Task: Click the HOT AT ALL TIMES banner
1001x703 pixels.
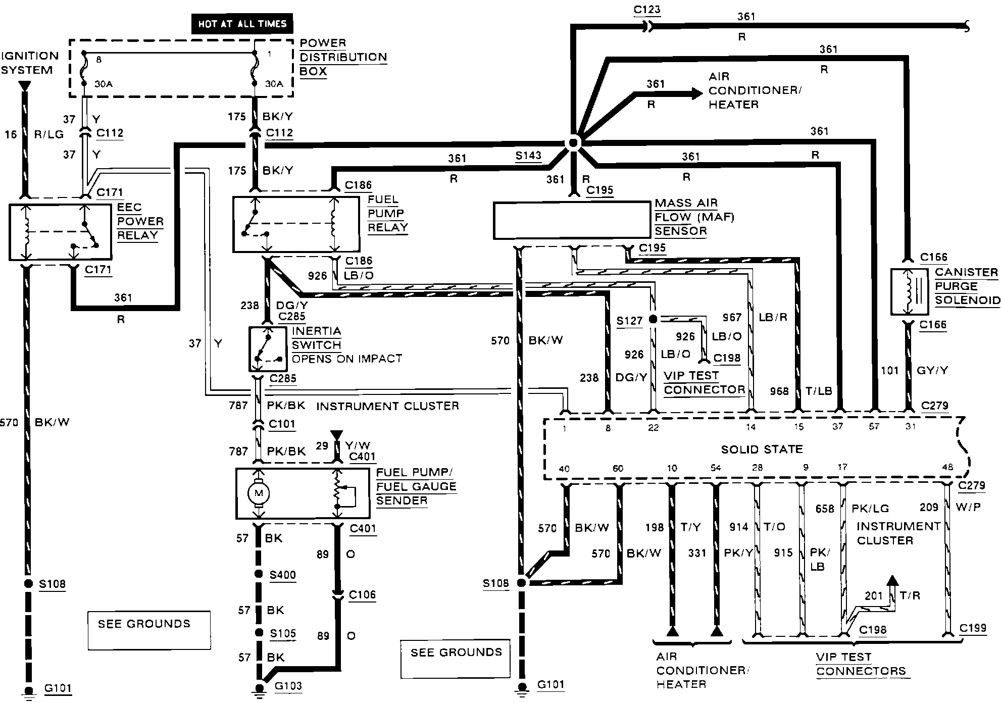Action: (x=242, y=24)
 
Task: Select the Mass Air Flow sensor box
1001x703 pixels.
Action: (x=572, y=220)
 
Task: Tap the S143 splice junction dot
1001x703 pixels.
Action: (x=573, y=143)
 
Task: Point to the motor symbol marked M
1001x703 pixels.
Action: (x=259, y=493)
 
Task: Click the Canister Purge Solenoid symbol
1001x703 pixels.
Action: (x=909, y=292)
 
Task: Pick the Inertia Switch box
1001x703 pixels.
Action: (x=268, y=349)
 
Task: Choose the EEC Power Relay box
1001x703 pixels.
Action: (x=60, y=232)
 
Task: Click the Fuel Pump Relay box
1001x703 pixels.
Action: (x=296, y=224)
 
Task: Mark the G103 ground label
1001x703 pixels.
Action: (x=288, y=686)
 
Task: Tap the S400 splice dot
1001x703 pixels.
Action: (x=259, y=574)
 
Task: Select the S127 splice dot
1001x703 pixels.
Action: (x=653, y=319)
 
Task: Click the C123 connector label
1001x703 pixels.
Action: (x=646, y=10)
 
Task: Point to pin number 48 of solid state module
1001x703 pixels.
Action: (x=947, y=467)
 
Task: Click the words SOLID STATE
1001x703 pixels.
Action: (x=762, y=449)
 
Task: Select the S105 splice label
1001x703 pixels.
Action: (x=283, y=633)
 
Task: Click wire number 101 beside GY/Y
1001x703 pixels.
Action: (x=889, y=371)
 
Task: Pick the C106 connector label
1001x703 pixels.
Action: (x=363, y=594)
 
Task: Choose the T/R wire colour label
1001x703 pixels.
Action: (x=910, y=595)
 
